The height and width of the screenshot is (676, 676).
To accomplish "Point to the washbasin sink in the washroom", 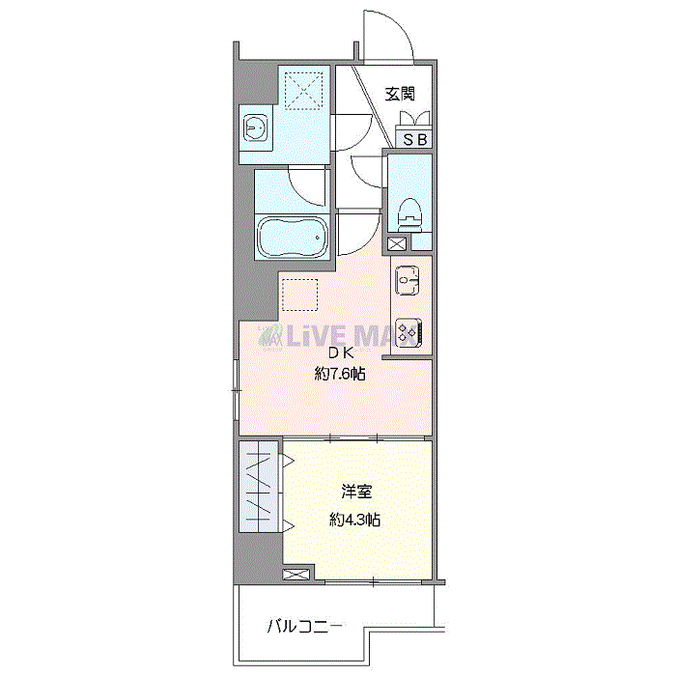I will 255,127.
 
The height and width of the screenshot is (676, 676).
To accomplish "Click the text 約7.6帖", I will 339,374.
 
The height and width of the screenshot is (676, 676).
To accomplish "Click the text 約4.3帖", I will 353,520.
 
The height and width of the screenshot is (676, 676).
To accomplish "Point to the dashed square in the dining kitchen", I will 300,294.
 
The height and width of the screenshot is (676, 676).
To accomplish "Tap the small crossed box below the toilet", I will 397,245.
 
